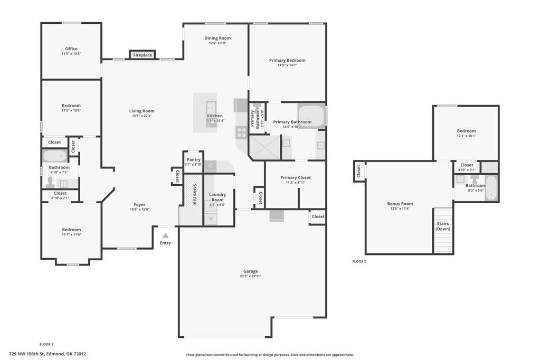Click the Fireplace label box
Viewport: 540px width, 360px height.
[143, 55]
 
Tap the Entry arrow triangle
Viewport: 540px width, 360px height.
[165, 235]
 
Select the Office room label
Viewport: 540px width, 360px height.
[71, 49]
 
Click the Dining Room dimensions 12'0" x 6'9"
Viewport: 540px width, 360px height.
[217, 43]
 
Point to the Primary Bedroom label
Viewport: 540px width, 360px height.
[287, 60]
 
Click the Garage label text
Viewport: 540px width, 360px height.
[251, 271]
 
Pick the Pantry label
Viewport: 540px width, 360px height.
[194, 159]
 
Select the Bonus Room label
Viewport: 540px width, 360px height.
[400, 204]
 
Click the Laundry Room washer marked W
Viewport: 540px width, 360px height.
[211, 218]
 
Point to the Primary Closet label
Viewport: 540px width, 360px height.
[295, 177]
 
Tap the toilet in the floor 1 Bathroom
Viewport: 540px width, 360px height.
[50, 182]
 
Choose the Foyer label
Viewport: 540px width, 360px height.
[139, 204]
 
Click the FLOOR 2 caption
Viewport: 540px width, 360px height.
[359, 261]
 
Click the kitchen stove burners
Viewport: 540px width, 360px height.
[241, 132]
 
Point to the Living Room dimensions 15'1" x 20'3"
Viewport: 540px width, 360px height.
[142, 116]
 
